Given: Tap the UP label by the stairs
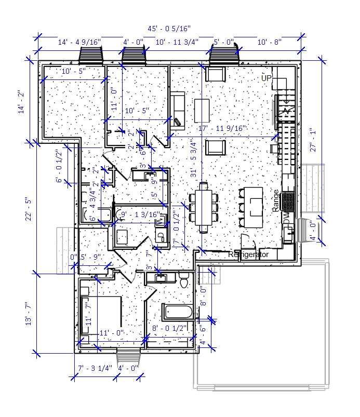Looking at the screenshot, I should tap(266, 78).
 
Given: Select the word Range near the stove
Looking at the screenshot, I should tap(275, 200).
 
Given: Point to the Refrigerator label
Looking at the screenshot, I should tap(248, 255).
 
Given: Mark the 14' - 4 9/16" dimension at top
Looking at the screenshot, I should tap(79, 42).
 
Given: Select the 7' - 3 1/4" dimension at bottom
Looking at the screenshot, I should tap(95, 368).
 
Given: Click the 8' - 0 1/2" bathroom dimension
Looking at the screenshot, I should tap(169, 328).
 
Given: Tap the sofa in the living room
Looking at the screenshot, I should tap(177, 109).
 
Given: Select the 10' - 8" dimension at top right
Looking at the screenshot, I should tap(270, 42).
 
